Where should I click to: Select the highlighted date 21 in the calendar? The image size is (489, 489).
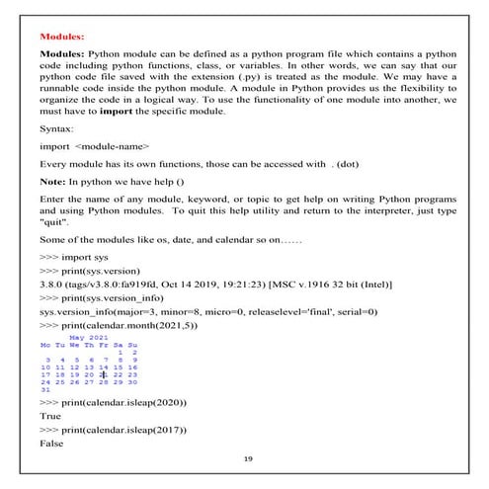104,373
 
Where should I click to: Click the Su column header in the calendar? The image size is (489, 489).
133,344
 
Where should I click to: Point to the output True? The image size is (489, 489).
49,417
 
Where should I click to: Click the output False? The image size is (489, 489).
51,445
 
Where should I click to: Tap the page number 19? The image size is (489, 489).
246,460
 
